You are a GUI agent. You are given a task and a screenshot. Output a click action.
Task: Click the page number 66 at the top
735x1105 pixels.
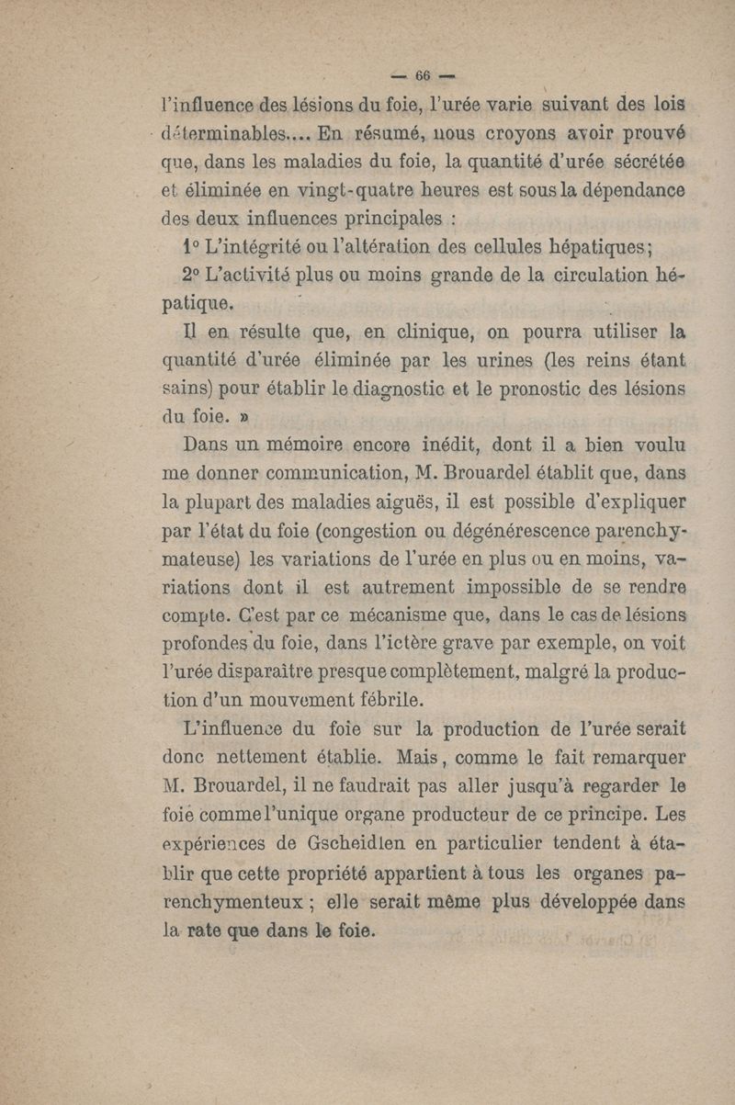pos(423,75)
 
